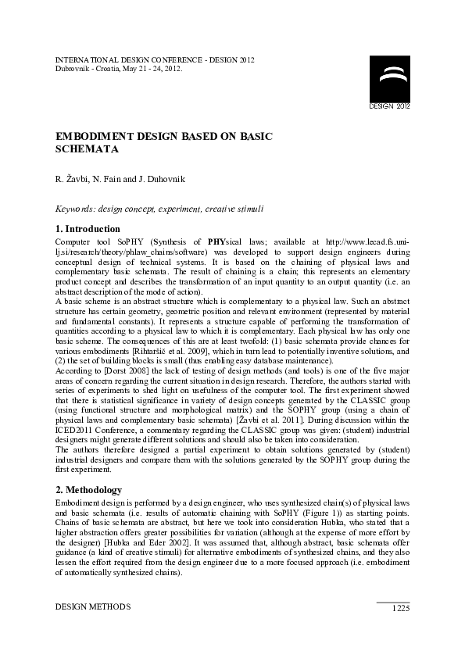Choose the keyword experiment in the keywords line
coord(181,209)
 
